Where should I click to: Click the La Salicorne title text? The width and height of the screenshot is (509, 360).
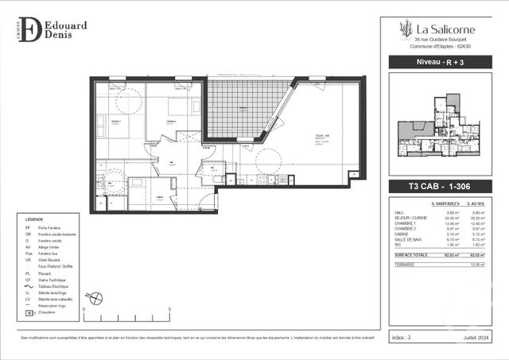pos(443,29)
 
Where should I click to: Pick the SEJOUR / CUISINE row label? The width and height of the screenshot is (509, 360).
pos(410,218)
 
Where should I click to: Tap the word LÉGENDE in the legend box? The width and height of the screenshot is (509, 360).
pos(34,218)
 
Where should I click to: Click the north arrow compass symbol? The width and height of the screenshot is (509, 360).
pos(96,300)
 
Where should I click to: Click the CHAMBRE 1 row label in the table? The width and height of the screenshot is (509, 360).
pos(406,224)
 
